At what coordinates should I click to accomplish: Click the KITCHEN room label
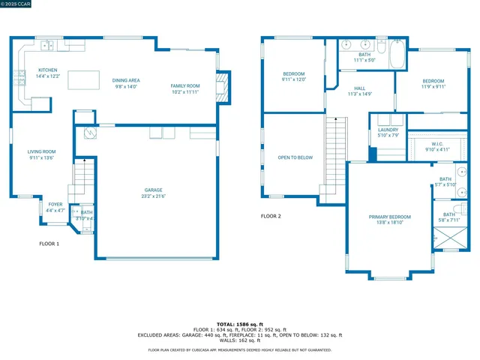47,70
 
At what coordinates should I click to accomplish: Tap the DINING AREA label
127,80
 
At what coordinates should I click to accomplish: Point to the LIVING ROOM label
42,152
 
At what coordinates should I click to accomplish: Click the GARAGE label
153,190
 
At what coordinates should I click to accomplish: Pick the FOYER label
55,204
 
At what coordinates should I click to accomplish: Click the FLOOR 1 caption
49,244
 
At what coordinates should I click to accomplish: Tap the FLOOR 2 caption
271,216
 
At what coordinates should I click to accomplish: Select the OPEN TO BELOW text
295,157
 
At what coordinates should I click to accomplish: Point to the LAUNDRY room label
388,130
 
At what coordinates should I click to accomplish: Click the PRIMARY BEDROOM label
389,217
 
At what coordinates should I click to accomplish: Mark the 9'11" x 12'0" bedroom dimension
293,79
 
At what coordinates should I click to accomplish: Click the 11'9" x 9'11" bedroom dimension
433,86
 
